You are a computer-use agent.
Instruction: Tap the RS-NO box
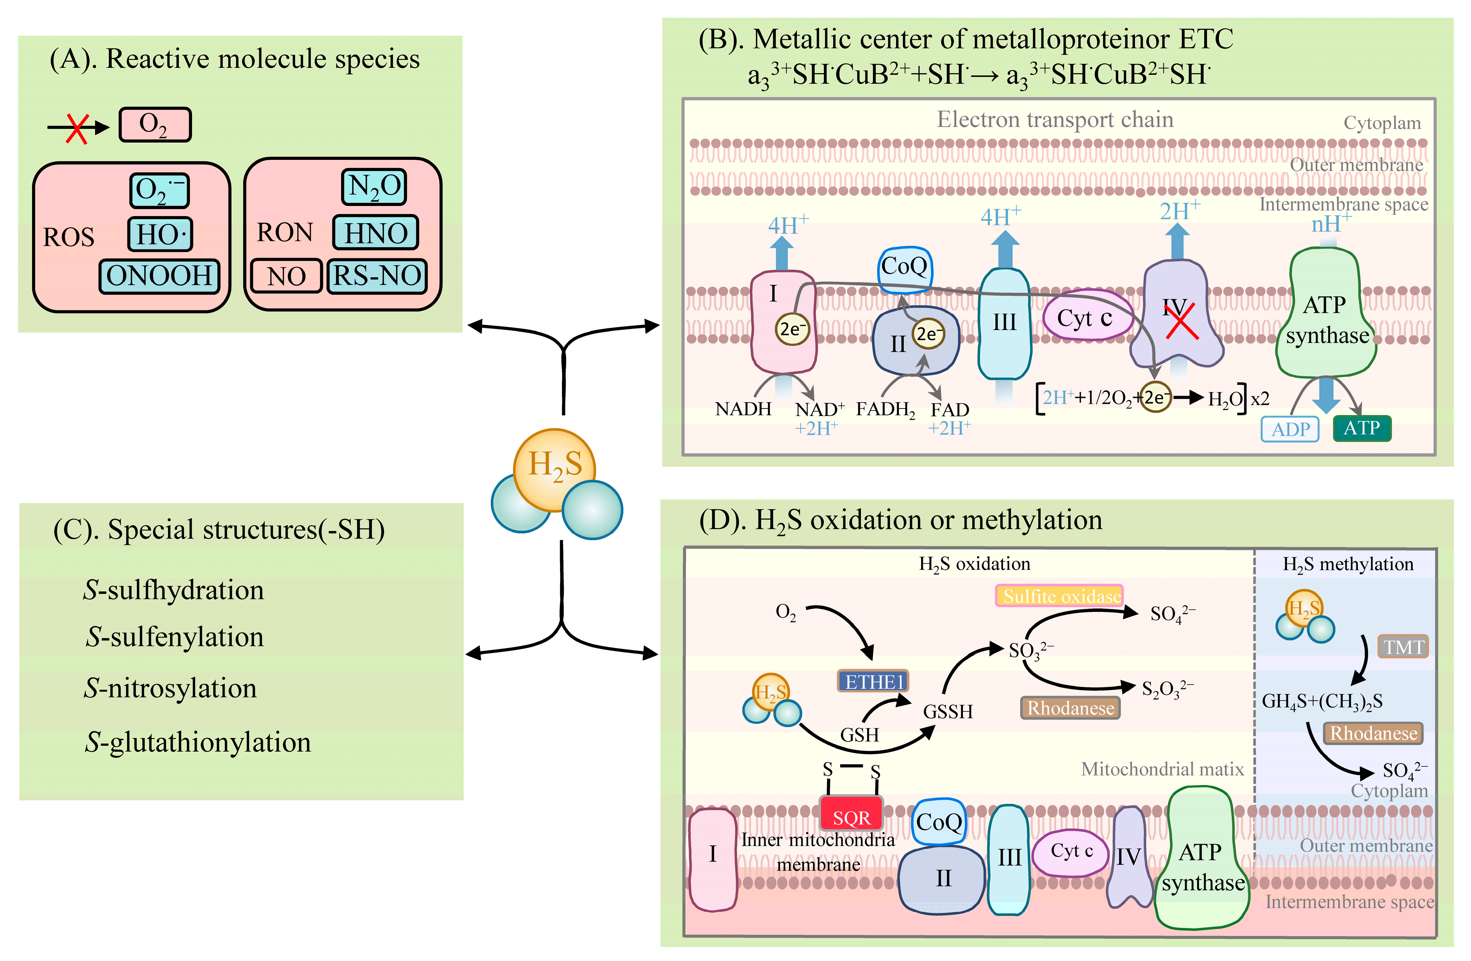[377, 276]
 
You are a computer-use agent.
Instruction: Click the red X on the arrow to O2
[77, 128]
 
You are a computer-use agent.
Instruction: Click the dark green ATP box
[1362, 428]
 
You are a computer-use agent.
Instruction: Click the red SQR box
[851, 817]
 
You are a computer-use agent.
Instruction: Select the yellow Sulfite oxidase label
[1059, 596]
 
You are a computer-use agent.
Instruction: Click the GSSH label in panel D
[948, 711]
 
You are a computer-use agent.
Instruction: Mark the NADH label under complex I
[743, 409]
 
